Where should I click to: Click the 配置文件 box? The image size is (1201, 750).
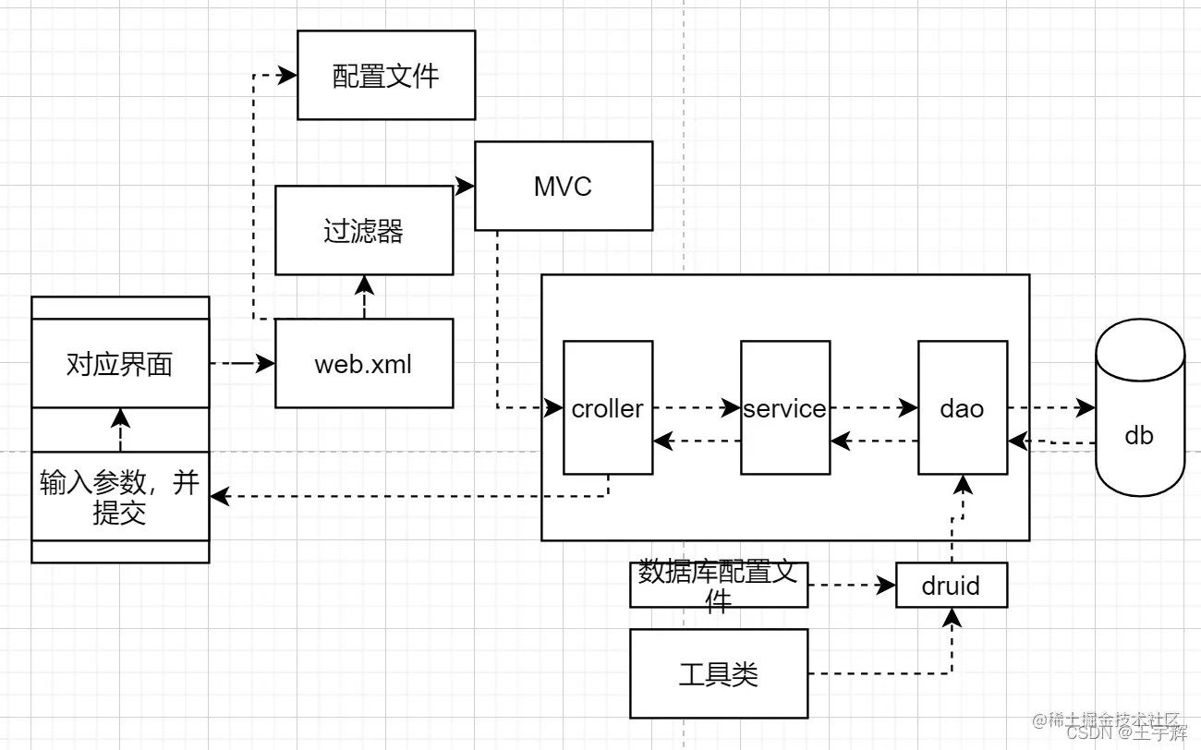386,75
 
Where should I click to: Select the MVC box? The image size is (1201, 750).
564,186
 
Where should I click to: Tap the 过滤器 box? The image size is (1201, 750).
364,230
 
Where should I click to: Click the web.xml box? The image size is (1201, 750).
364,363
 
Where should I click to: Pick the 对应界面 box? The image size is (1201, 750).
120,363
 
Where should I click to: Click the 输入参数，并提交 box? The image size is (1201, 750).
120,496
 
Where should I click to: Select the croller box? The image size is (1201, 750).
608,407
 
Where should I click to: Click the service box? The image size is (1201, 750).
785,407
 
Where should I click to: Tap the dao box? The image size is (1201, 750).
963,407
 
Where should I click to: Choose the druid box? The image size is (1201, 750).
952,586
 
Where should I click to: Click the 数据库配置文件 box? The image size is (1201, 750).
719,586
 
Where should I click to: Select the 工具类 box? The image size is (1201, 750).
719,673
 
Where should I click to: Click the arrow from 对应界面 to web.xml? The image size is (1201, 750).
242,363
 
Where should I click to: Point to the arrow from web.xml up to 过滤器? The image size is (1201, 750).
364,296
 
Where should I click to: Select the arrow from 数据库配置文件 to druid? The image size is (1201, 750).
852,585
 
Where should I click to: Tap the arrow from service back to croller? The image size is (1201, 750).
698,442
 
